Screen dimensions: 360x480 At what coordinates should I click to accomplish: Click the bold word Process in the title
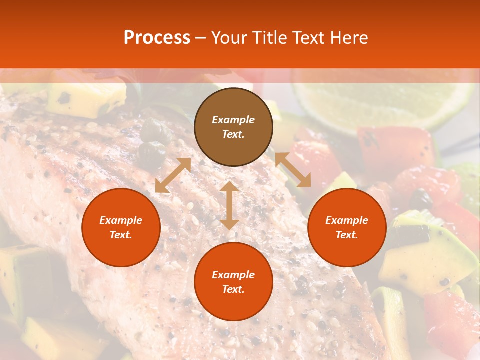pos(157,37)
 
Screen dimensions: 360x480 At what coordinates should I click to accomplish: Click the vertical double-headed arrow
pos(229,205)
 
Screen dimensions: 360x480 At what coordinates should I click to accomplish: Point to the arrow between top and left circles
pos(173,175)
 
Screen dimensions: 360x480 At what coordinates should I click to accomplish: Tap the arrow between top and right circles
pos(293,170)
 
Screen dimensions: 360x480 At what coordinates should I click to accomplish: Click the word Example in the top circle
pos(233,120)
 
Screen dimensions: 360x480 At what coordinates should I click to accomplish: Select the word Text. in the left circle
pos(121,235)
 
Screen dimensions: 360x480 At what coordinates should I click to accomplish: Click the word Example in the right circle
pos(347,220)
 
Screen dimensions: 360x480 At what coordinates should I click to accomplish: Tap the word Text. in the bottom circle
pos(233,289)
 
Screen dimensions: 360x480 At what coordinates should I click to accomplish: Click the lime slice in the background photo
pos(385,100)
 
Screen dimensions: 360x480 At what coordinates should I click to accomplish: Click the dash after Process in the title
pos(201,37)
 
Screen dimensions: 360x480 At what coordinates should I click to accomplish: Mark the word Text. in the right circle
pos(347,235)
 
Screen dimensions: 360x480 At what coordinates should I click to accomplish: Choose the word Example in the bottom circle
pos(233,275)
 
